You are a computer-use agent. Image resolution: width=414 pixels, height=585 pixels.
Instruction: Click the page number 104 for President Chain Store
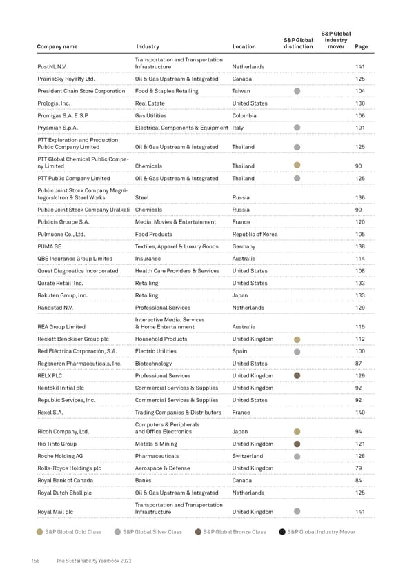(359, 91)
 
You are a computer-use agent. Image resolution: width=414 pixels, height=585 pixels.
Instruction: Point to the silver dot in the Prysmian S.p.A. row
(297, 128)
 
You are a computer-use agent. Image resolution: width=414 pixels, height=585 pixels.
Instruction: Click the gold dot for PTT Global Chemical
(297, 166)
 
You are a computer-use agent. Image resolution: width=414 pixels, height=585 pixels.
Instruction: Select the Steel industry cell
(143, 198)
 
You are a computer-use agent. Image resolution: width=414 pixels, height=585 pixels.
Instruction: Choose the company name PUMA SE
(50, 246)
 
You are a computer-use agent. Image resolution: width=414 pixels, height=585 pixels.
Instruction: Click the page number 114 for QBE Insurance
(359, 259)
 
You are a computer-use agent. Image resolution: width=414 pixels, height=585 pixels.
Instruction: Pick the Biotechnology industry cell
(153, 363)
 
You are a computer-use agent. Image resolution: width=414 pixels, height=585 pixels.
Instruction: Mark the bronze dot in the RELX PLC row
(297, 375)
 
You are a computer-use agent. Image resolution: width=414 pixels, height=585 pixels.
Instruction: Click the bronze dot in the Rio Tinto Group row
(297, 444)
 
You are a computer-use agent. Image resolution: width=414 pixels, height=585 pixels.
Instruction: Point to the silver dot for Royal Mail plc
(297, 511)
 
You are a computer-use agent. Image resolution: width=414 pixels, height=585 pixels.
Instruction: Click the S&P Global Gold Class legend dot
(40, 532)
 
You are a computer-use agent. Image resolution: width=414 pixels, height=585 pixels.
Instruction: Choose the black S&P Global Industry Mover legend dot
(282, 532)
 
